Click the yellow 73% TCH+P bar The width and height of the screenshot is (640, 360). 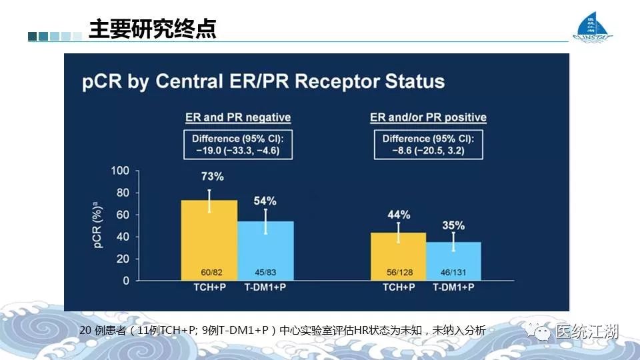[209, 240]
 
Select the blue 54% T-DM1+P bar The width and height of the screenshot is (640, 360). [265, 250]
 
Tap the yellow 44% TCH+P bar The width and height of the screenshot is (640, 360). [399, 256]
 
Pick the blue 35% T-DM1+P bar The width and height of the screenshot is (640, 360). [453, 261]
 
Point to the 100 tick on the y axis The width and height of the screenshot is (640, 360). [120, 171]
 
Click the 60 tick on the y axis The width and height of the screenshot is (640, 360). [123, 215]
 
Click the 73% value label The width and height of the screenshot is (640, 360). [209, 178]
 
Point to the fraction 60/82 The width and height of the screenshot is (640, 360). [209, 272]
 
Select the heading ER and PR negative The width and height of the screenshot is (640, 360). [238, 117]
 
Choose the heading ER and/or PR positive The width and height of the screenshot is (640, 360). [429, 117]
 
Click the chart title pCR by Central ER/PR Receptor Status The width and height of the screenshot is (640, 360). [263, 81]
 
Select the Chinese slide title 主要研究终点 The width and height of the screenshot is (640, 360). [153, 30]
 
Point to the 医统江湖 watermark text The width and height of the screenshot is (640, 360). [587, 331]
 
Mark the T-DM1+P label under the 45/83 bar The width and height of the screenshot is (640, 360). [265, 287]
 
